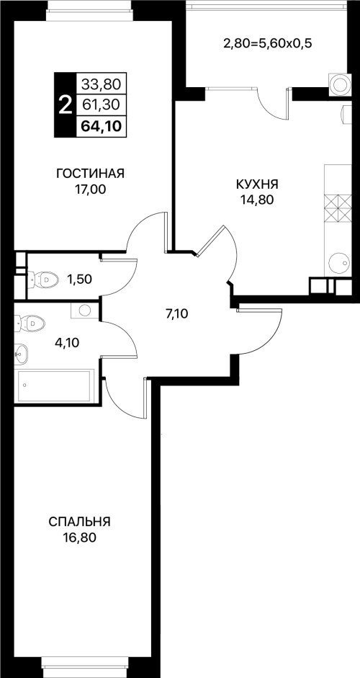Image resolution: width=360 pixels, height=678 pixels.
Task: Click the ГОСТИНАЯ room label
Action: (90, 174)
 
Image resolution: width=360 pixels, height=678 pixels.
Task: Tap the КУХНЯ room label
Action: (256, 184)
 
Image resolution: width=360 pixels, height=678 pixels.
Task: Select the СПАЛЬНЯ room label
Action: (79, 522)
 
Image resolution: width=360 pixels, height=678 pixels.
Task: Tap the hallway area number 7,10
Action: (176, 314)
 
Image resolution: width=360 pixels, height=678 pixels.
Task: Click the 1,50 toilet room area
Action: (79, 280)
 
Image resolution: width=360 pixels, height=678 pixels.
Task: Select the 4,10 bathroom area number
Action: (68, 343)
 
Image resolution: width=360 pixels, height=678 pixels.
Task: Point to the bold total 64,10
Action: (101, 127)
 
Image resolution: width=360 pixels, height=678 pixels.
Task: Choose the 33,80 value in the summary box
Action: (101, 84)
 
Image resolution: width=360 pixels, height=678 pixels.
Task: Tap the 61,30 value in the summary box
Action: (101, 104)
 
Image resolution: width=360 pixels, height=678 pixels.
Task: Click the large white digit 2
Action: (65, 105)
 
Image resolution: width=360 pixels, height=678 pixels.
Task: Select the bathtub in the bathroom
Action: (55, 385)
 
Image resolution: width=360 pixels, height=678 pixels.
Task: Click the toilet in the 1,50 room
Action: (42, 280)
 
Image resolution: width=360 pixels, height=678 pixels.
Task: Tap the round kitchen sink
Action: (339, 262)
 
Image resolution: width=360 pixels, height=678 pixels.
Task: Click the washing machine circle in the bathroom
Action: (85, 310)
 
